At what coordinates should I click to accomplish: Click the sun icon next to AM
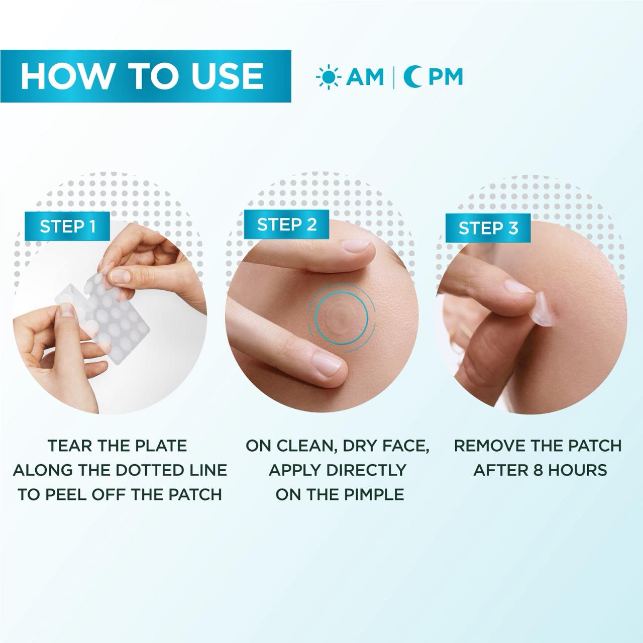(328, 77)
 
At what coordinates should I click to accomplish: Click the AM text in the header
(365, 77)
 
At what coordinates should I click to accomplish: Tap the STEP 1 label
(68, 226)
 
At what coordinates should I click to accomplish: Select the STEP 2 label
(287, 225)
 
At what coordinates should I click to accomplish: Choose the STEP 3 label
(488, 228)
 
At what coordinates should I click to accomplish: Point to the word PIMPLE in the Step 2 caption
(373, 494)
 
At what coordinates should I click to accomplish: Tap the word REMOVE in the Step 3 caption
(489, 446)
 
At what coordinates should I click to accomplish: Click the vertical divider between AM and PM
(393, 77)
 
